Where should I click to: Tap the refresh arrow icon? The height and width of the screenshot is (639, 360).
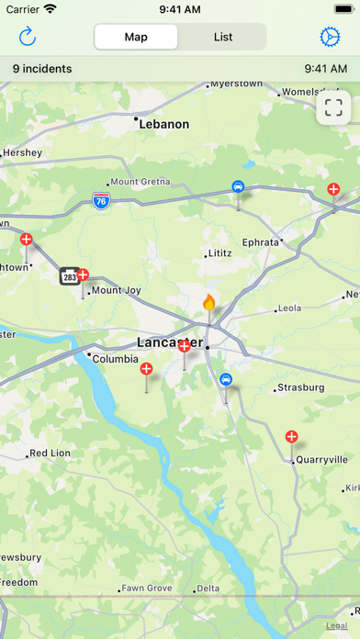pos(28,37)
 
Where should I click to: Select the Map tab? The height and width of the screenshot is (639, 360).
pos(137,37)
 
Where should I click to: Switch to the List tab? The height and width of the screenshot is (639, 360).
pos(223,37)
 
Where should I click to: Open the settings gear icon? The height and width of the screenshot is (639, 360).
pos(330,37)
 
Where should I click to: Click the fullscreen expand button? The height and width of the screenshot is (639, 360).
pos(333,107)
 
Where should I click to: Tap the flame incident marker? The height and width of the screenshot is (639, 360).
pos(209,302)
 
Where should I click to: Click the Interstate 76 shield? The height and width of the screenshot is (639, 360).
pos(101,200)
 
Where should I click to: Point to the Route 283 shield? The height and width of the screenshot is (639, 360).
pos(69,275)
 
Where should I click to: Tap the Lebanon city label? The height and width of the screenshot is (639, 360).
pos(164,123)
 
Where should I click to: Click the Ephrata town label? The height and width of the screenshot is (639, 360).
pos(260,241)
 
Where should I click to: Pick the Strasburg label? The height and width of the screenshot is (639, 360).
pos(301,387)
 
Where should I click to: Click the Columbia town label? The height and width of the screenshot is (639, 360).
pos(116,359)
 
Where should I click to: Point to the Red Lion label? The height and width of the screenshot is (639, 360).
pos(50,454)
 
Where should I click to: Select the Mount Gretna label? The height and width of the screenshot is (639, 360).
pos(141,182)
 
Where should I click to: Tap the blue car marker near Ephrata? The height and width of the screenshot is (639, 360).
pos(239,186)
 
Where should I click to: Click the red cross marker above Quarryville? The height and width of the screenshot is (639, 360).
pos(292,437)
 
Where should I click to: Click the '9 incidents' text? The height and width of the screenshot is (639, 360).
pos(42,69)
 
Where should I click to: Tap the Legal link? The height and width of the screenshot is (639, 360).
pos(336,624)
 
